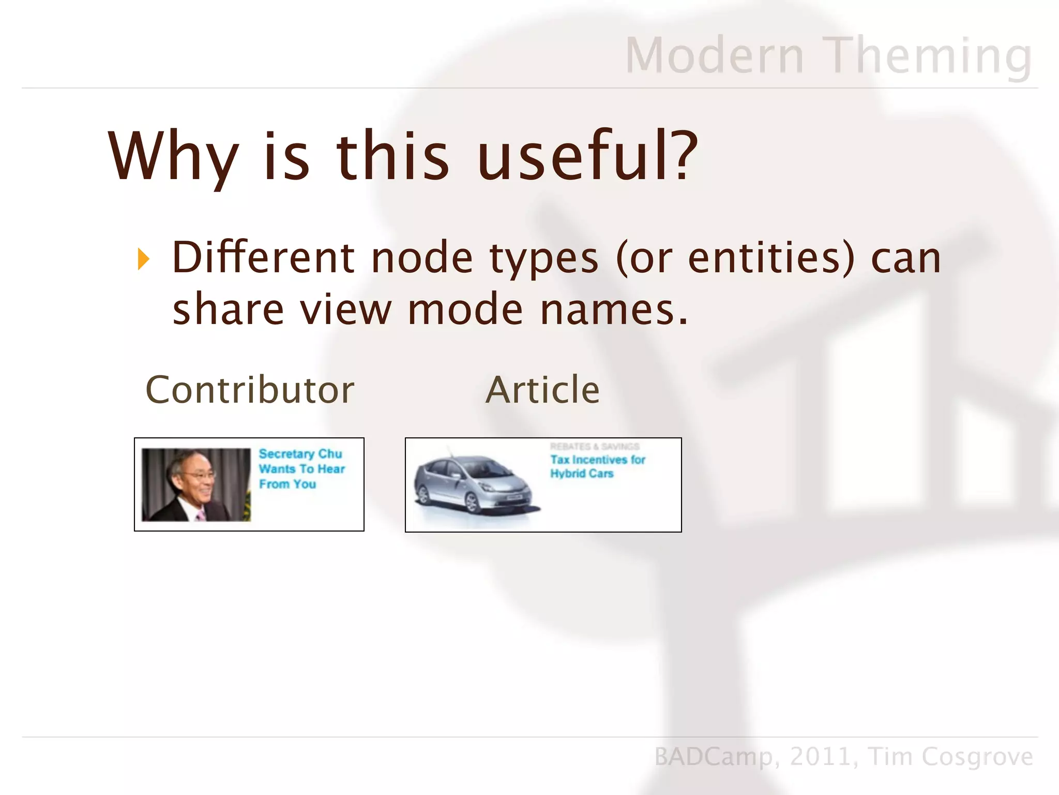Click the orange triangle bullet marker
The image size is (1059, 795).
point(143,259)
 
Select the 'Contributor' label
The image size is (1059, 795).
point(250,390)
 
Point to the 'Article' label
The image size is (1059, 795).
point(542,390)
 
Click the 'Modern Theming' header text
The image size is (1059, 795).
point(828,55)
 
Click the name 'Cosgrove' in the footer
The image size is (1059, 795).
point(977,757)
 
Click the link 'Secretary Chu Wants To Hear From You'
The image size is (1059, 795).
point(301,469)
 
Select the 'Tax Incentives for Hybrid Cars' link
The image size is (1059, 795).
point(597,466)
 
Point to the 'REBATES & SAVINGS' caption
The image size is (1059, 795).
point(594,446)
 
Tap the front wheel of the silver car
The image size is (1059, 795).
point(472,502)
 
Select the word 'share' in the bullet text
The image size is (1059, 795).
point(228,310)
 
